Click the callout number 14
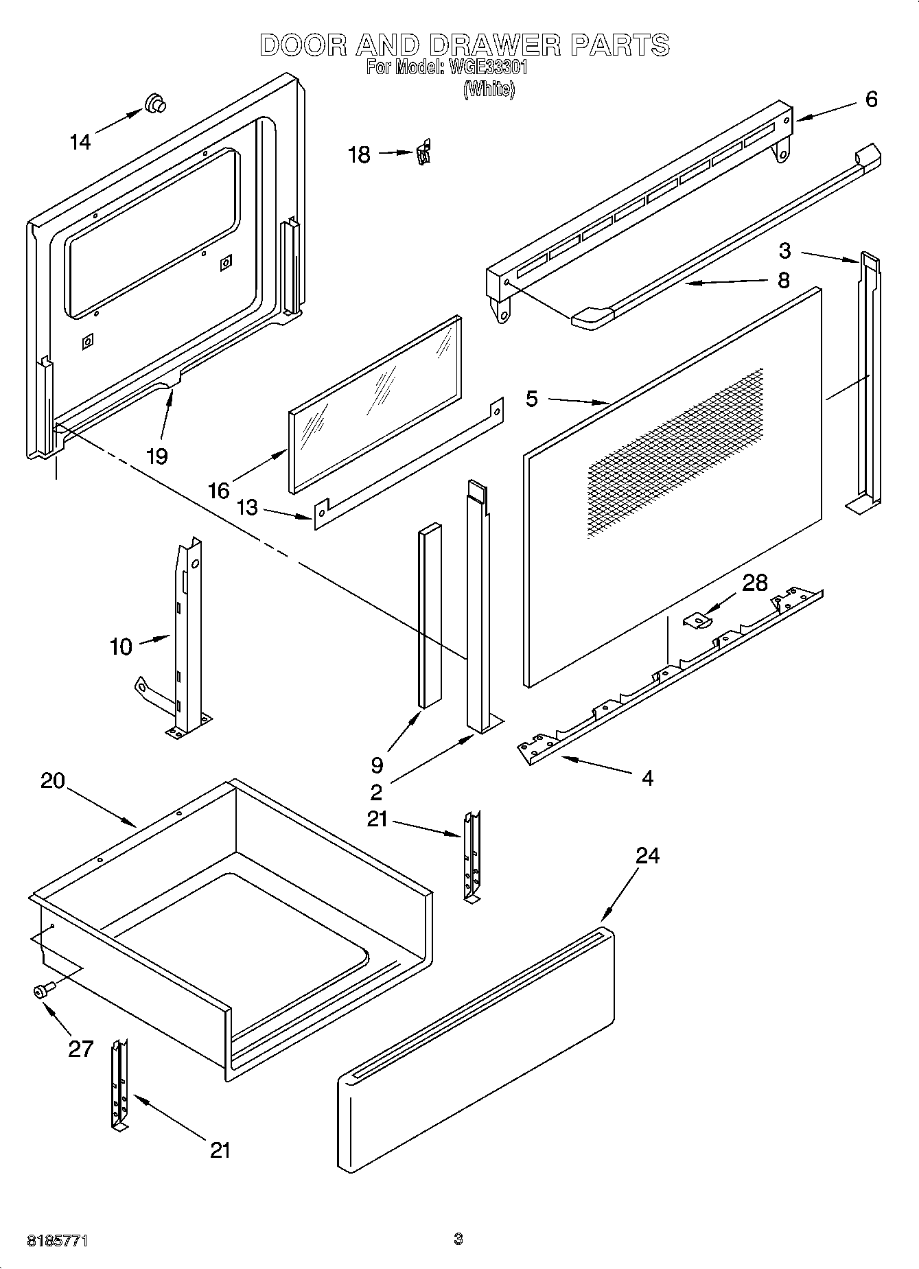tap(80, 142)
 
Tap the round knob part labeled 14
tap(156, 104)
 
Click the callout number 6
tap(871, 100)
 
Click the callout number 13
tap(247, 508)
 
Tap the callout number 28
tap(754, 583)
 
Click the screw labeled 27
tap(43, 989)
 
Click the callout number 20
tap(53, 780)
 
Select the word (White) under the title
tap(489, 89)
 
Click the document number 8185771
tap(58, 1242)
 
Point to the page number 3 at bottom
tap(458, 1239)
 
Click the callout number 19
tap(158, 456)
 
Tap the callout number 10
tap(121, 646)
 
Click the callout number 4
tap(647, 778)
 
